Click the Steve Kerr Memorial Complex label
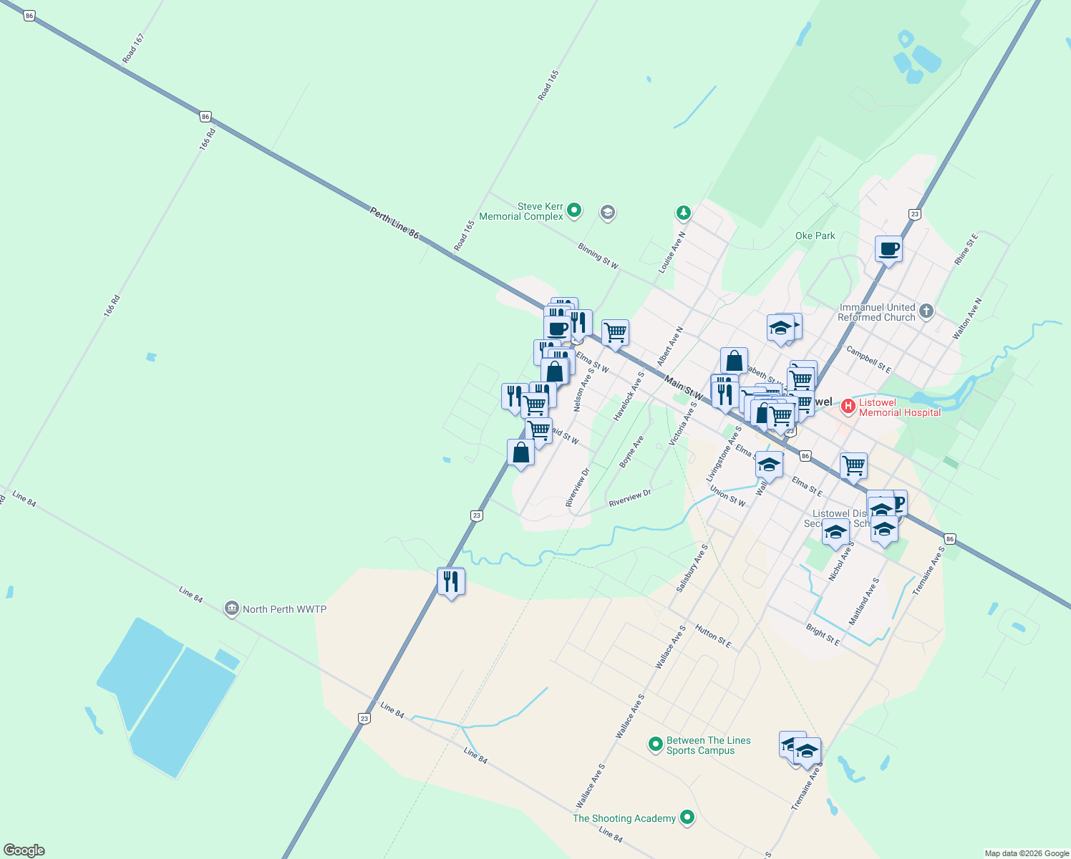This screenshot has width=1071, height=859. pyautogui.click(x=521, y=211)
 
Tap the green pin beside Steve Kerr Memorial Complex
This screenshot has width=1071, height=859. pyautogui.click(x=573, y=210)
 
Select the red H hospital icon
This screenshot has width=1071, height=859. pyautogui.click(x=848, y=407)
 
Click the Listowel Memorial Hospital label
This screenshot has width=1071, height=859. pyautogui.click(x=900, y=407)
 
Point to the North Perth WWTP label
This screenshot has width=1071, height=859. pyautogui.click(x=284, y=609)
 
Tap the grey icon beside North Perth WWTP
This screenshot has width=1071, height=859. pyautogui.click(x=231, y=609)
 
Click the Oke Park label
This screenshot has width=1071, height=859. pyautogui.click(x=815, y=236)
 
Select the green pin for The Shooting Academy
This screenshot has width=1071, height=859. pyautogui.click(x=687, y=817)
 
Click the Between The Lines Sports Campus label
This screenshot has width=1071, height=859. pyautogui.click(x=708, y=745)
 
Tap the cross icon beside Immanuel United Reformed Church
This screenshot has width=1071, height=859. pyautogui.click(x=926, y=311)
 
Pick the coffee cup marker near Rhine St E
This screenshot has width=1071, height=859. pyautogui.click(x=888, y=249)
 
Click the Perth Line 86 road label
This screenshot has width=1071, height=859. pyautogui.click(x=394, y=222)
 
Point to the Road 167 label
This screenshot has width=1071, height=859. pyautogui.click(x=133, y=48)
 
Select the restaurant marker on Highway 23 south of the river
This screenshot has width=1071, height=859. pyautogui.click(x=451, y=581)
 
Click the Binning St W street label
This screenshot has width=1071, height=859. pyautogui.click(x=598, y=256)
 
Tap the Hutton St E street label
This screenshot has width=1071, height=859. pyautogui.click(x=713, y=636)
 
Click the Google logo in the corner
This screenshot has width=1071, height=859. pyautogui.click(x=24, y=850)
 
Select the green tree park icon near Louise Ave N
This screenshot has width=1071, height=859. pyautogui.click(x=684, y=213)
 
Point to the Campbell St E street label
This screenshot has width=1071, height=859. pyautogui.click(x=868, y=359)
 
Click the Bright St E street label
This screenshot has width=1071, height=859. pyautogui.click(x=823, y=634)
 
